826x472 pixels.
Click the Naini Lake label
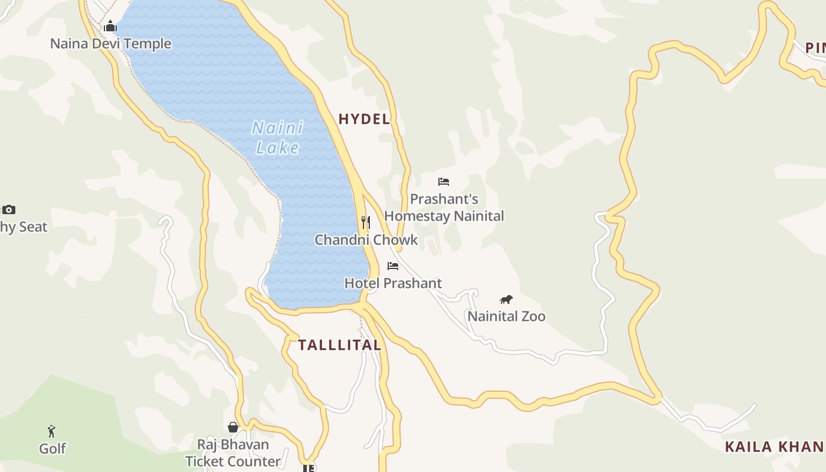pyautogui.click(x=278, y=137)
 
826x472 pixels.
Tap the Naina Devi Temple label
pyautogui.click(x=110, y=44)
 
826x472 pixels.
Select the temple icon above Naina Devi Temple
pyautogui.click(x=110, y=27)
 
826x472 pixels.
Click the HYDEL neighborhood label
pyautogui.click(x=364, y=119)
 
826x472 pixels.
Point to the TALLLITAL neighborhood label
pyautogui.click(x=339, y=345)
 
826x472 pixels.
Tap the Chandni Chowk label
pyautogui.click(x=366, y=240)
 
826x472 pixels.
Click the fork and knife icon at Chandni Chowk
pyautogui.click(x=366, y=222)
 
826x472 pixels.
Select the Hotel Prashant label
pyautogui.click(x=393, y=283)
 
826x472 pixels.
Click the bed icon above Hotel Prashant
pyautogui.click(x=393, y=266)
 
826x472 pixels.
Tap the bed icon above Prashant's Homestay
pyautogui.click(x=444, y=182)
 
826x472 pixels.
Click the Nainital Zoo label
pyautogui.click(x=506, y=316)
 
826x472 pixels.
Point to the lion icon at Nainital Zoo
pyautogui.click(x=506, y=299)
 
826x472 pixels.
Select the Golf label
pyautogui.click(x=52, y=449)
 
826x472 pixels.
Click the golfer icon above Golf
pyautogui.click(x=52, y=431)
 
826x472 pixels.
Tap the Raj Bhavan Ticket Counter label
pyautogui.click(x=233, y=453)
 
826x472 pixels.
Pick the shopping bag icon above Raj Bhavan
pyautogui.click(x=233, y=427)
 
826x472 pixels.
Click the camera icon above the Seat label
pyautogui.click(x=8, y=209)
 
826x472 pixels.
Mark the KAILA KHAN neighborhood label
pyautogui.click(x=775, y=447)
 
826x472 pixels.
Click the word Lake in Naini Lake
pyautogui.click(x=278, y=147)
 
